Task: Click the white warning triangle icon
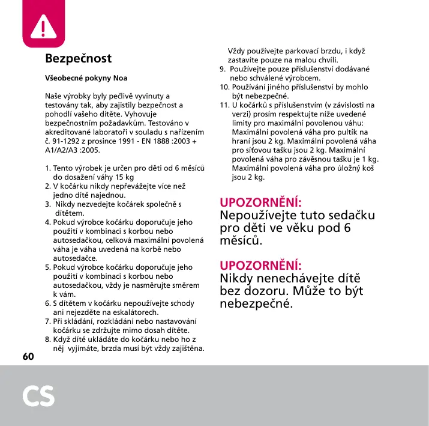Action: [43, 25]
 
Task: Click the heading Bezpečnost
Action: [78, 59]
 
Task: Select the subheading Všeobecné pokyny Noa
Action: [86, 78]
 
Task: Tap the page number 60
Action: [28, 356]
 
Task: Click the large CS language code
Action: [39, 396]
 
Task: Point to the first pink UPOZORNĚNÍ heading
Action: [261, 202]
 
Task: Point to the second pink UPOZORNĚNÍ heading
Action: [261, 265]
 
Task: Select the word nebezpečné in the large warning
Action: [257, 304]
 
